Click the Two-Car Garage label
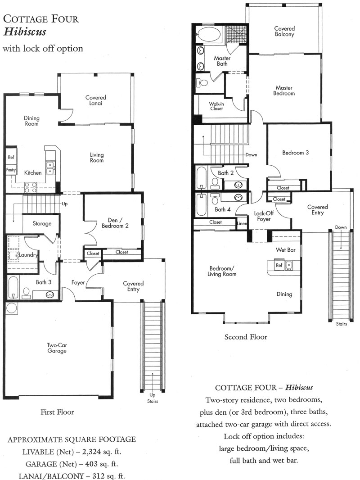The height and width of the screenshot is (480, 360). pos(57,348)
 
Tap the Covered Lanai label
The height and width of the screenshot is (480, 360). pos(96,100)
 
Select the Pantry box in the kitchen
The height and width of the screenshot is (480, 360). pos(11,170)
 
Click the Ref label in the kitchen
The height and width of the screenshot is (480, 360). pos(11,157)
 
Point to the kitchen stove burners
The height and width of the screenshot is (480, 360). pos(31,187)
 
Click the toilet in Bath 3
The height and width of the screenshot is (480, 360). pos(26,293)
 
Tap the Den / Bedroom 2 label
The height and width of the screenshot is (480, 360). pos(115,223)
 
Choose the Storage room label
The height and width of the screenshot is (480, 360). pos(42,223)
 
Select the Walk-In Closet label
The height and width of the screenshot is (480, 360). pos(216,106)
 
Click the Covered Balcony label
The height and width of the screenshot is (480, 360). pos(284,31)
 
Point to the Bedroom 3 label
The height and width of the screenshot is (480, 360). pos(296,153)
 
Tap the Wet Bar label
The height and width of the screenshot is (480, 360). pos(286,250)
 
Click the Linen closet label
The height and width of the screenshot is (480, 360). pos(242,223)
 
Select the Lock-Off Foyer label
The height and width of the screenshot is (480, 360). pos(264,216)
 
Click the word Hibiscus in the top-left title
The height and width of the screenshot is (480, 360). pos(24,32)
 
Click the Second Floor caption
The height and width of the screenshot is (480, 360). pos(246,337)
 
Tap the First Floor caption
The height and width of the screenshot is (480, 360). pos(57,412)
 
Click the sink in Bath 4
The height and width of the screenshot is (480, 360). pos(238,197)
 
